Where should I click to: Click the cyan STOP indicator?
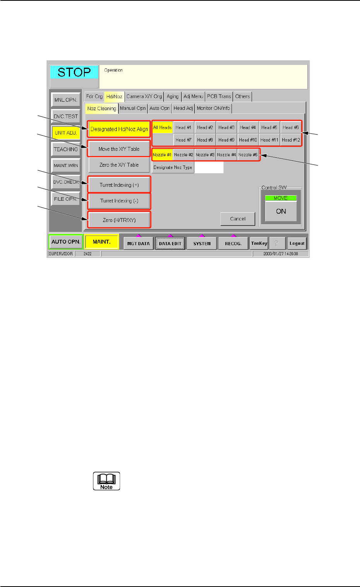pyautogui.click(x=74, y=72)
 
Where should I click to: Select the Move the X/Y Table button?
pyautogui.click(x=119, y=149)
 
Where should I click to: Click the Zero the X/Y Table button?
pyautogui.click(x=119, y=165)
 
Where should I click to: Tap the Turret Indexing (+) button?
pyautogui.click(x=119, y=185)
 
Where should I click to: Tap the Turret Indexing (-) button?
pyautogui.click(x=119, y=201)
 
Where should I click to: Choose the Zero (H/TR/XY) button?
pyautogui.click(x=119, y=220)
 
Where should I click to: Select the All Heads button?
pyautogui.click(x=162, y=128)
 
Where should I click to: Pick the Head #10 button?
pyautogui.click(x=248, y=140)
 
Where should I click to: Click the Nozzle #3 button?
pyautogui.click(x=205, y=155)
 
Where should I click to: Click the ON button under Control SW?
pyautogui.click(x=281, y=212)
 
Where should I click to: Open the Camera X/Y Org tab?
pyautogui.click(x=144, y=96)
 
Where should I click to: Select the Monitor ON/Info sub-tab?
pyautogui.click(x=213, y=108)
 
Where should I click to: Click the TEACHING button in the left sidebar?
pyautogui.click(x=66, y=149)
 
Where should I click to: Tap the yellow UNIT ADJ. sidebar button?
pyautogui.click(x=66, y=133)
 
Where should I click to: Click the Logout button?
pyautogui.click(x=297, y=243)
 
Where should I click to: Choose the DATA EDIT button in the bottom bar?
pyautogui.click(x=170, y=243)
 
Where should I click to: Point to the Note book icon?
pyautogui.click(x=106, y=481)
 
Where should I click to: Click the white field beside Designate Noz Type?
pyautogui.click(x=209, y=167)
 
